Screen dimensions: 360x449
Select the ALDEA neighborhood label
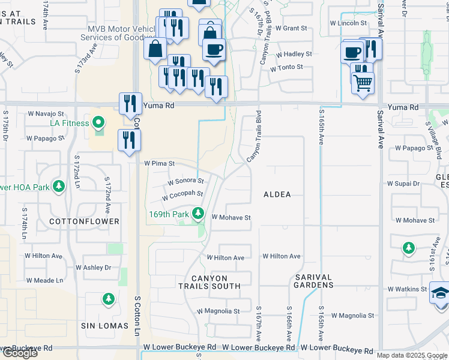coord(277,194)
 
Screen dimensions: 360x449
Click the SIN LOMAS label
coord(105,326)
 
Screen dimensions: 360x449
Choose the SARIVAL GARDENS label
coord(313,281)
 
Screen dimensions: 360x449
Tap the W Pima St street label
coord(159,163)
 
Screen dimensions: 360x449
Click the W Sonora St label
coord(185,181)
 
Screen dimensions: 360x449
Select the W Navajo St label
coord(46,113)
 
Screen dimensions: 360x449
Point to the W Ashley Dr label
coord(94,268)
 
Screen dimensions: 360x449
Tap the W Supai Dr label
coord(406,183)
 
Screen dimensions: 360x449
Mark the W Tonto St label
coord(286,67)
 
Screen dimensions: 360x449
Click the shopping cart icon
coord(363,82)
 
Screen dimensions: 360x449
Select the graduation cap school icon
coord(439,293)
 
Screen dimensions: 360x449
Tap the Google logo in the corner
coord(19,353)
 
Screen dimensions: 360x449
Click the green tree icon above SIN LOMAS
coord(108,299)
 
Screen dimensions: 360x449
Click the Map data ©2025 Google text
coord(411,355)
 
